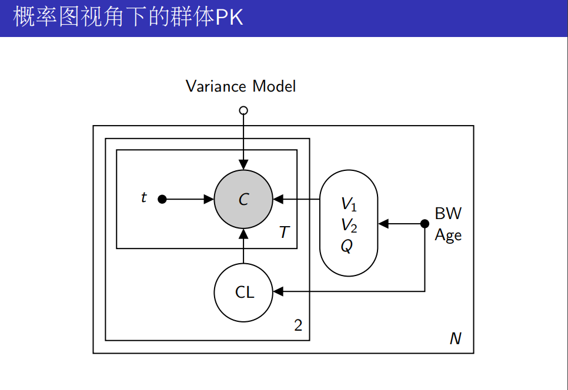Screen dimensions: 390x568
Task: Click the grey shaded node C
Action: pos(243,199)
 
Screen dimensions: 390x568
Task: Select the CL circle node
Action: pos(243,291)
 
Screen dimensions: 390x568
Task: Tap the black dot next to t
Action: pos(163,199)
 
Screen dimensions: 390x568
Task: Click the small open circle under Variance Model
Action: pos(243,110)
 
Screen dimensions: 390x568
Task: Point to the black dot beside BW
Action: pos(425,223)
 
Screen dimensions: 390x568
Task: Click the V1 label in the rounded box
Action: pos(349,204)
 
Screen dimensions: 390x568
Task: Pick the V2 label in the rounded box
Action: pos(349,225)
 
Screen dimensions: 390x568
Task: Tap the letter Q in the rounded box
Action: pos(347,246)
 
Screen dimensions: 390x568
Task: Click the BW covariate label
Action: pos(448,213)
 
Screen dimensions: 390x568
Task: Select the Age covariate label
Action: pos(448,236)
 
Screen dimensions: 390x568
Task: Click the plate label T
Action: pos(285,233)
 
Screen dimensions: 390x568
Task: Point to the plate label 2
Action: pos(298,325)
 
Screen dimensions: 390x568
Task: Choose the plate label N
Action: pos(456,338)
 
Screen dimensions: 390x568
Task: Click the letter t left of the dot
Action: pos(143,198)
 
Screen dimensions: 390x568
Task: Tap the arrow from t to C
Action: pos(188,199)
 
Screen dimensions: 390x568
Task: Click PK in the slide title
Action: pos(229,18)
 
